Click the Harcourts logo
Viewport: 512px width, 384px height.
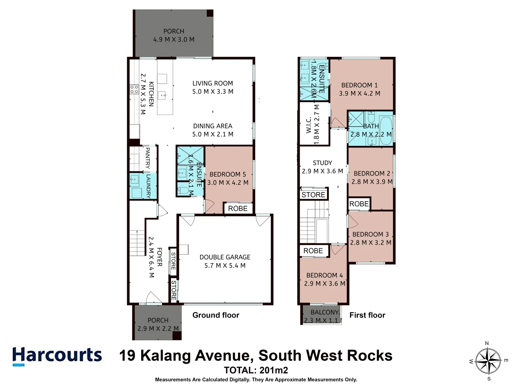coord(57,356)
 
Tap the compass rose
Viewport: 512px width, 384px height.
coord(489,361)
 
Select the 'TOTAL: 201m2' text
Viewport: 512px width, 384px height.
coord(256,370)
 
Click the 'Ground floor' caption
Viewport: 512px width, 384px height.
coord(216,315)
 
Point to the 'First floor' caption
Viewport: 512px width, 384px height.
coord(367,315)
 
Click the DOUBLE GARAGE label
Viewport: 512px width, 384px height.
coord(225,257)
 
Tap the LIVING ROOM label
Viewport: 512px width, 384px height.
coord(213,83)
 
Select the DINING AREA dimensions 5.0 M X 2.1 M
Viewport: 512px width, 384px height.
coord(213,134)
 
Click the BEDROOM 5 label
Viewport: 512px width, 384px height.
coord(228,174)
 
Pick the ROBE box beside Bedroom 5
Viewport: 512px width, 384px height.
coord(238,208)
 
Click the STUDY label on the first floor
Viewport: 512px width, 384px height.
coord(322,163)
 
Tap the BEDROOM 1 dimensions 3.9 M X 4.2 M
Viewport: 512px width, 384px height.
coord(359,94)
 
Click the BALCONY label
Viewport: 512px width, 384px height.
coord(324,312)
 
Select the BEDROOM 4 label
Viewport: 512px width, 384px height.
coord(324,275)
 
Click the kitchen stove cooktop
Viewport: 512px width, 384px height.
coord(134,89)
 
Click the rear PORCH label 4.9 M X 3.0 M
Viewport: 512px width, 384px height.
coord(174,35)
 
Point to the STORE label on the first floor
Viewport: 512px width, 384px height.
coord(313,194)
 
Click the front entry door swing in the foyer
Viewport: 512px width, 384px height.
coord(154,298)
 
